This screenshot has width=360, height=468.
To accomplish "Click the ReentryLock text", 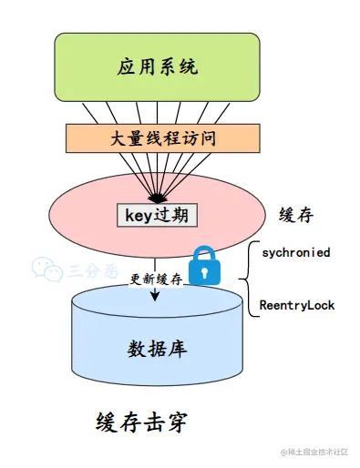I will (297, 305).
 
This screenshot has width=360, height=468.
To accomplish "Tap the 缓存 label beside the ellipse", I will (297, 215).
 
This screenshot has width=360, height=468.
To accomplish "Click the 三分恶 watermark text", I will (83, 270).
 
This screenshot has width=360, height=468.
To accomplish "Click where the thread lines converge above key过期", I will (158, 199).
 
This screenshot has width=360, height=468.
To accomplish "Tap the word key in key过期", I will (136, 215).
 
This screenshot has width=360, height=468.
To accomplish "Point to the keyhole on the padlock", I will (206, 271).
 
